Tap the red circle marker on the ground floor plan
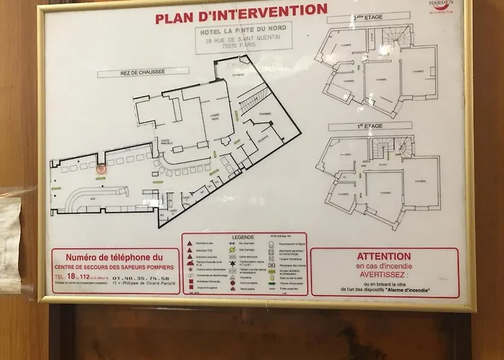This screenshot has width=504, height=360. [101, 169]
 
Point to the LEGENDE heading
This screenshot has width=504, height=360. [243, 237]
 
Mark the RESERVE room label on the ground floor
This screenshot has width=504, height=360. [263, 136]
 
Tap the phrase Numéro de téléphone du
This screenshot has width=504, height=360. [115, 256]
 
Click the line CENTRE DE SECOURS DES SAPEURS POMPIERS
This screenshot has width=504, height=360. [115, 266]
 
